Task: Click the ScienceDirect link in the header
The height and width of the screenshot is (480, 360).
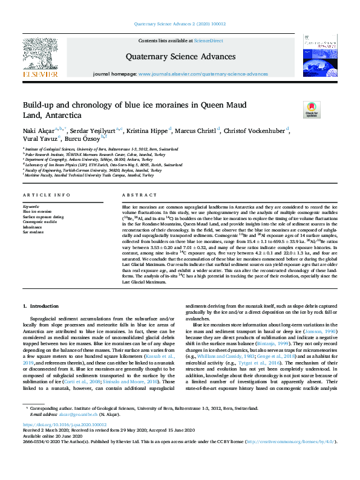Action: pyautogui.click(x=208, y=41)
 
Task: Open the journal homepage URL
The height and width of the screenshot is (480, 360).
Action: pyautogui.click(x=203, y=74)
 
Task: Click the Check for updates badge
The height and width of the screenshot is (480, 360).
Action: pyautogui.click(x=311, y=109)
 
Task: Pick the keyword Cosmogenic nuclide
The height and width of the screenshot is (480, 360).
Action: pyautogui.click(x=40, y=222)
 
